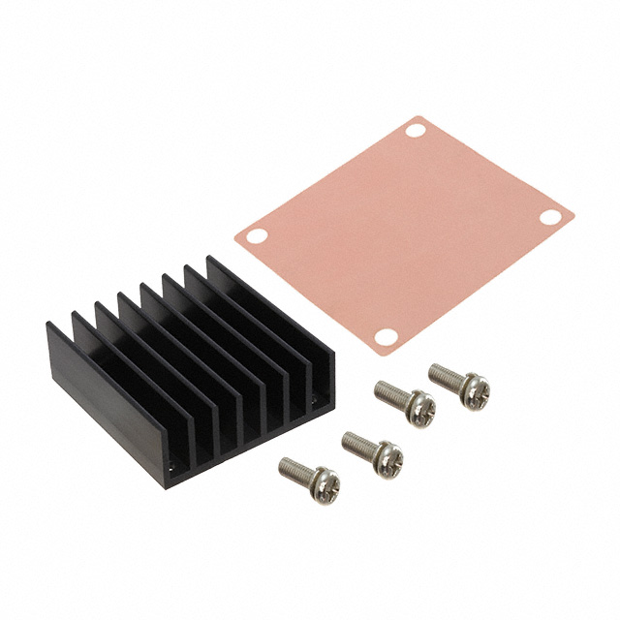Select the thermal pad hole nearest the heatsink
[256, 234]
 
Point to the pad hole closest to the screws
[386, 336]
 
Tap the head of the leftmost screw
[324, 484]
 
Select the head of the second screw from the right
[419, 407]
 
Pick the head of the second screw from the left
[387, 456]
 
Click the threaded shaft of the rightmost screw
[445, 375]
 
